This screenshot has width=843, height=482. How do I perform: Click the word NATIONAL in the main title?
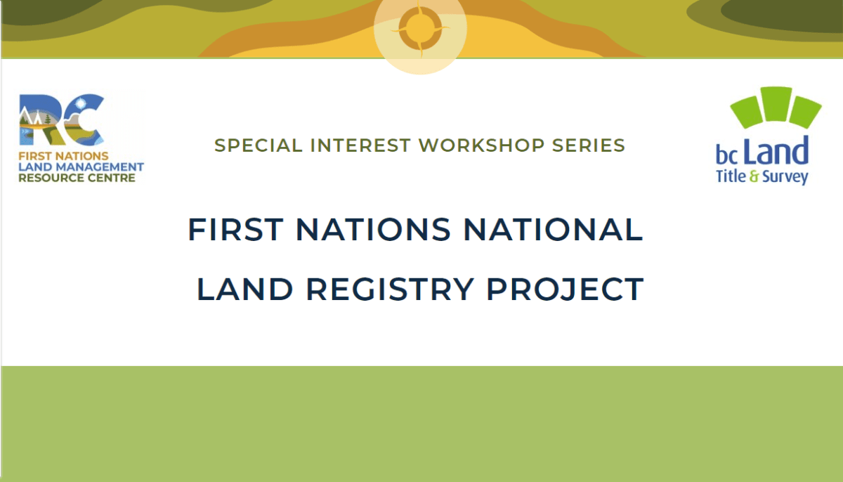pyautogui.click(x=556, y=230)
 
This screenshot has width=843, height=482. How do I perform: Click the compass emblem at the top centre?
pyautogui.click(x=420, y=30)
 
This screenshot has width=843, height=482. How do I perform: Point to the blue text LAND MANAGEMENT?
pyautogui.click(x=81, y=167)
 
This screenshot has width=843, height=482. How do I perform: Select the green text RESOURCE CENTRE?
pyautogui.click(x=77, y=178)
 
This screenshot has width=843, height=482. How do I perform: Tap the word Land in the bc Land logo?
pyautogui.click(x=776, y=152)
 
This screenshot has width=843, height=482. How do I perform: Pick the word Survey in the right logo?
pyautogui.click(x=785, y=176)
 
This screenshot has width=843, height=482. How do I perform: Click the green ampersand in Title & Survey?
pyautogui.click(x=754, y=176)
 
